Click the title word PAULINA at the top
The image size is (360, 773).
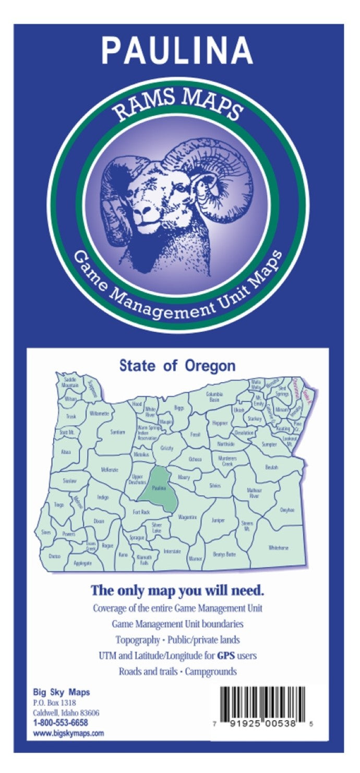[x=177, y=50]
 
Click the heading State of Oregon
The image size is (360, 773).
[x=177, y=366]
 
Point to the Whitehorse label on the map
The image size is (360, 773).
[x=278, y=548]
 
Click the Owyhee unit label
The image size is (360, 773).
[x=287, y=510]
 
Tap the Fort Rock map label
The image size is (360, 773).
[x=141, y=512]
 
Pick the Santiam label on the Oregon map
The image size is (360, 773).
[x=118, y=432]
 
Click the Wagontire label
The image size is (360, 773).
[x=187, y=517]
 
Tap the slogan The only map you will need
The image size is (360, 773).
[x=177, y=591]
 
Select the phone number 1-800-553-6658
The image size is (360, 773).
[x=60, y=722]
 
